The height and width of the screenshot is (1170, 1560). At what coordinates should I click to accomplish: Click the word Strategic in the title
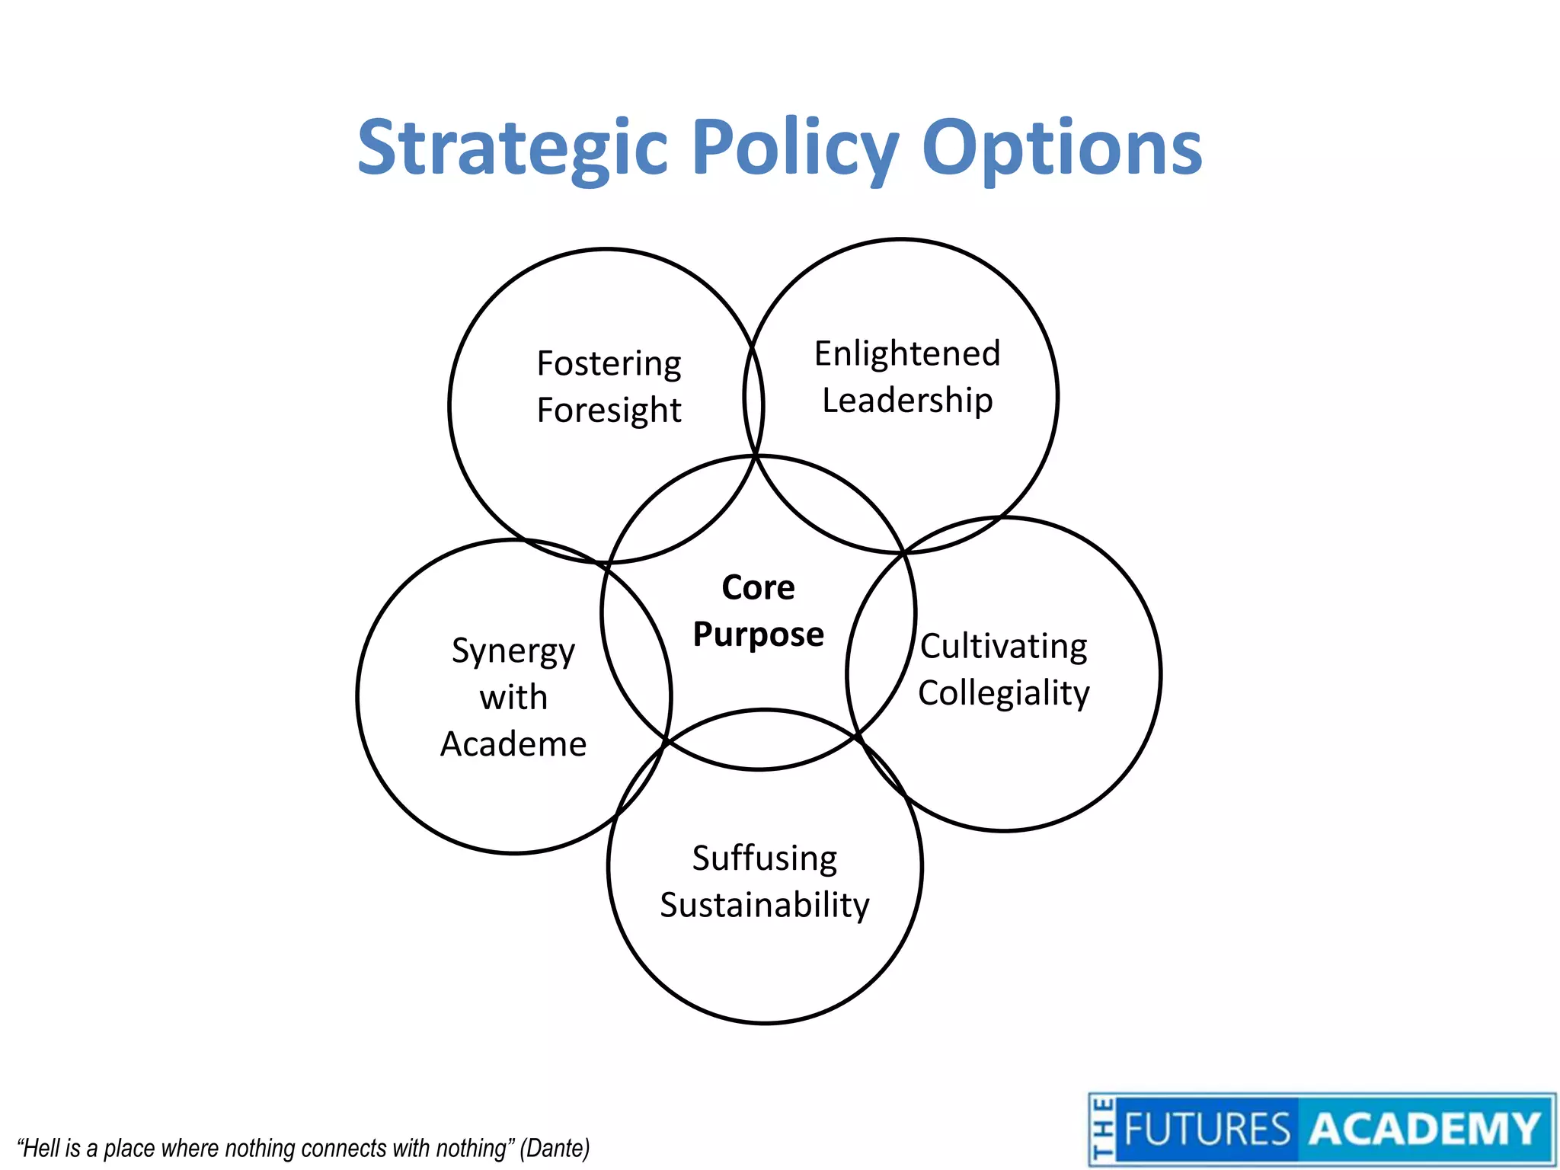pyautogui.click(x=513, y=149)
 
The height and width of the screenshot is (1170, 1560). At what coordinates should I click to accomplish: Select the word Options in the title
pyautogui.click(x=1062, y=149)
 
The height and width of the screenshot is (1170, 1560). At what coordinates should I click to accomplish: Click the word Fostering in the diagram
pyautogui.click(x=609, y=363)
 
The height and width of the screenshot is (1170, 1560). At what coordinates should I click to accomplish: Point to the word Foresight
pyautogui.click(x=609, y=411)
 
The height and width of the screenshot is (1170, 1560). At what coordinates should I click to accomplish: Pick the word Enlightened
pyautogui.click(x=907, y=353)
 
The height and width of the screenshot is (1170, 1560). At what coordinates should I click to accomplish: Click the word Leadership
pyautogui.click(x=907, y=401)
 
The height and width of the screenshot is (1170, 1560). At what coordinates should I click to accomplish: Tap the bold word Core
pyautogui.click(x=758, y=587)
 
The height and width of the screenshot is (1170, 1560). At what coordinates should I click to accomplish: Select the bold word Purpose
pyautogui.click(x=758, y=635)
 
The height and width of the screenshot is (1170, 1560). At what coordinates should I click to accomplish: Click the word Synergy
pyautogui.click(x=513, y=651)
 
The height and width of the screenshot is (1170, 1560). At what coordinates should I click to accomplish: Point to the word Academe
pyautogui.click(x=513, y=744)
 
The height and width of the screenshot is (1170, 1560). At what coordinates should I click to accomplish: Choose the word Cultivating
pyautogui.click(x=1004, y=647)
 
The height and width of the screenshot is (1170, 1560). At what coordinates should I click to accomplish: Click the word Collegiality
pyautogui.click(x=1004, y=693)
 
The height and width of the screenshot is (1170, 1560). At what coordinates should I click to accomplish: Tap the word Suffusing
pyautogui.click(x=765, y=858)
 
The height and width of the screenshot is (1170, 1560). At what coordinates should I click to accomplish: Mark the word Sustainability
pyautogui.click(x=765, y=905)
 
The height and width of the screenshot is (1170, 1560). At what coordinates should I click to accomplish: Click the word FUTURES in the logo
pyautogui.click(x=1207, y=1129)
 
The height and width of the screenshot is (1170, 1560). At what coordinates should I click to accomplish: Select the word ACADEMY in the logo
pyautogui.click(x=1425, y=1129)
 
